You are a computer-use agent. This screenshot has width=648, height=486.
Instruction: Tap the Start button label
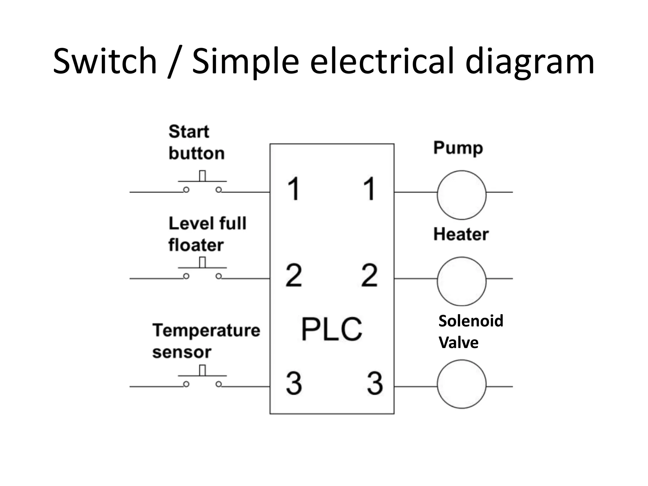pos(196,142)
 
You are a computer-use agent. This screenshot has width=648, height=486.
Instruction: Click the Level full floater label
pos(207,234)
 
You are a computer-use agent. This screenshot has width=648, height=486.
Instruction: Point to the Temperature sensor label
pos(206,341)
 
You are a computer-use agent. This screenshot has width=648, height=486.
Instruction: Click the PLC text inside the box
pos(331,329)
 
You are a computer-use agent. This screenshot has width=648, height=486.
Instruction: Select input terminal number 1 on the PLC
pos(294,189)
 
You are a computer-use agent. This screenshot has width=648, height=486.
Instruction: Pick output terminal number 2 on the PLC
pos(369,275)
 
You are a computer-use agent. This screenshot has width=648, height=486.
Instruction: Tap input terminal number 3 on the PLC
pos(294,383)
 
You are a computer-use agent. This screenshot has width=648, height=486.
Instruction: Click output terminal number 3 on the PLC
pos(375,383)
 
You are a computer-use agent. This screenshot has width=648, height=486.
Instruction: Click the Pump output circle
pos(461,195)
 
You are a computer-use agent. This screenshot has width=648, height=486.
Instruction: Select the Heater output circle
pos(461,281)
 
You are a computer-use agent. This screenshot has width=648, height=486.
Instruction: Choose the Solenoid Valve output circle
pos(461,384)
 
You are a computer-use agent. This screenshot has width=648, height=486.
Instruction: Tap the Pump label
pos(458,148)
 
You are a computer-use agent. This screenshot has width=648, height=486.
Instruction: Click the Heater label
pos(461,234)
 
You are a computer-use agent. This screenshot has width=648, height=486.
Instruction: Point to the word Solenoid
pos(470,321)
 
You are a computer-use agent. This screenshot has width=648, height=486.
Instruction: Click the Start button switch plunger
pos(202,176)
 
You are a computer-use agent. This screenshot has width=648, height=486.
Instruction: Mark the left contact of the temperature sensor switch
pos(186,384)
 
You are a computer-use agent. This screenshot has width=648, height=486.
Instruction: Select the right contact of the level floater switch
pos(218,276)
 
